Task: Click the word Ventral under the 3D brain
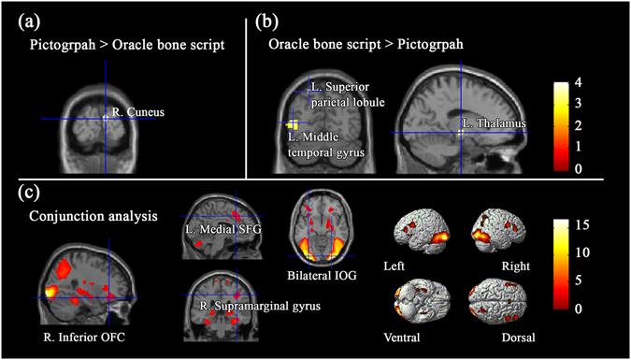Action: point(408,332)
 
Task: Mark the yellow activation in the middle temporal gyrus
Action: point(293,124)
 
